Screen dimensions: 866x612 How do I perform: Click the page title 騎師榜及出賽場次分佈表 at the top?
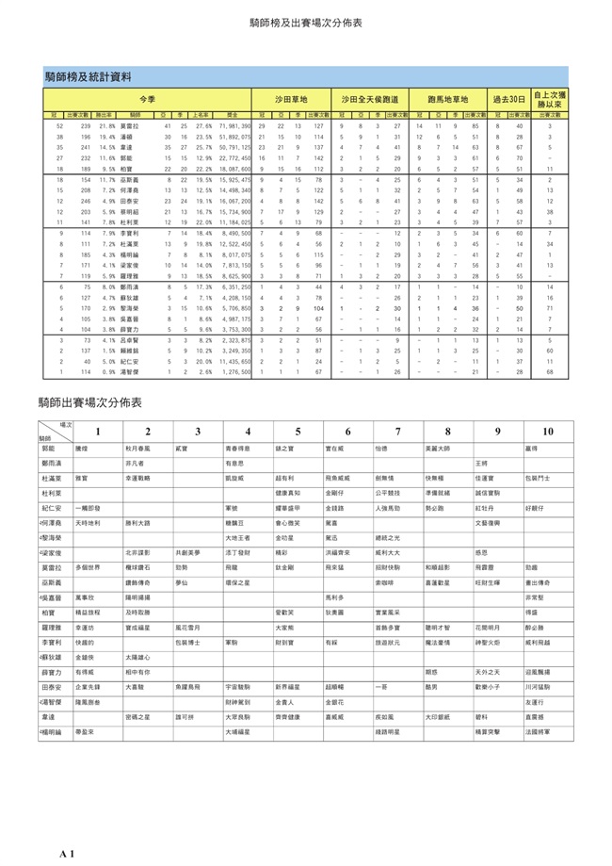[306, 23]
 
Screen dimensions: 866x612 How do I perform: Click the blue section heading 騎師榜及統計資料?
[89, 75]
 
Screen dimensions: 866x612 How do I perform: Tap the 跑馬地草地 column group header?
[447, 98]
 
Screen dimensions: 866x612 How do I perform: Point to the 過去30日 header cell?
[509, 98]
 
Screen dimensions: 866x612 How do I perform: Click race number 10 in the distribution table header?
[547, 432]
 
